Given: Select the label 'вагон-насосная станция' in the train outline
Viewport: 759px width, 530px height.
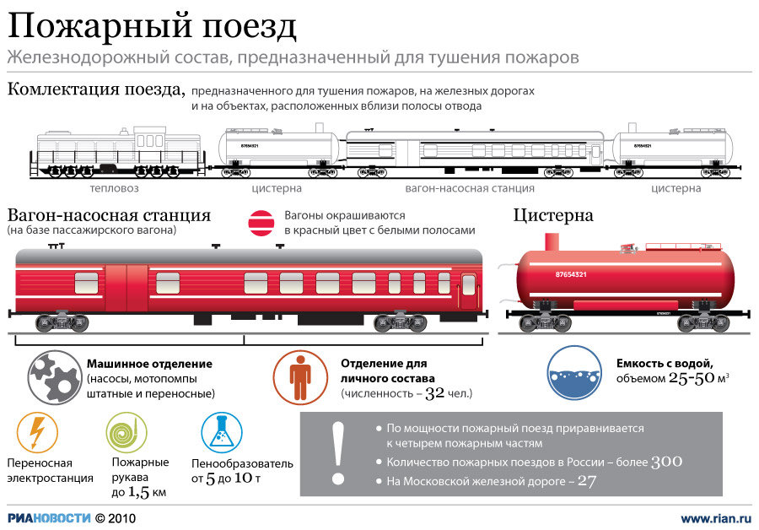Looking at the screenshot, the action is pyautogui.click(x=470, y=189).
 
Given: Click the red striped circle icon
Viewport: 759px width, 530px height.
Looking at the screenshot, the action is pyautogui.click(x=260, y=222).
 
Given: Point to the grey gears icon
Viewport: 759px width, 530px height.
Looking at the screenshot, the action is pyautogui.click(x=53, y=377).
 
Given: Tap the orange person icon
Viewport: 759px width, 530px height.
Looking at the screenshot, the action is pyautogui.click(x=299, y=377).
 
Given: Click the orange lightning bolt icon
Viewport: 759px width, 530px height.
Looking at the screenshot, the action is pyautogui.click(x=37, y=433).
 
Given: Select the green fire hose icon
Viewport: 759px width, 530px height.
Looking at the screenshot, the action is pyautogui.click(x=126, y=433).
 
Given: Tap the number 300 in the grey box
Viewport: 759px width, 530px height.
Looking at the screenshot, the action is pyautogui.click(x=666, y=462).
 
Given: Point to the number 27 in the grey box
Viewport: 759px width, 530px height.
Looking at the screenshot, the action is pyautogui.click(x=587, y=482).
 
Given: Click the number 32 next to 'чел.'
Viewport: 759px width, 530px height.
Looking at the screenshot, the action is pyautogui.click(x=434, y=393).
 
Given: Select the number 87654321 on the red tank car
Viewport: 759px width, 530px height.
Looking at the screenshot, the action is pyautogui.click(x=571, y=275).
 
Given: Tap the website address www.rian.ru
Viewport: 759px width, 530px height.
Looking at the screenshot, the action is pyautogui.click(x=715, y=517).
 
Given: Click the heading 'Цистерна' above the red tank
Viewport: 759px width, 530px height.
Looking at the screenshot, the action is pyautogui.click(x=553, y=215).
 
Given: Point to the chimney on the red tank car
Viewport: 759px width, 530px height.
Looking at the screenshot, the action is pyautogui.click(x=552, y=241).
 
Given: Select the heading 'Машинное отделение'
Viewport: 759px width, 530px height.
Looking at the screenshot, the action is pyautogui.click(x=149, y=364).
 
